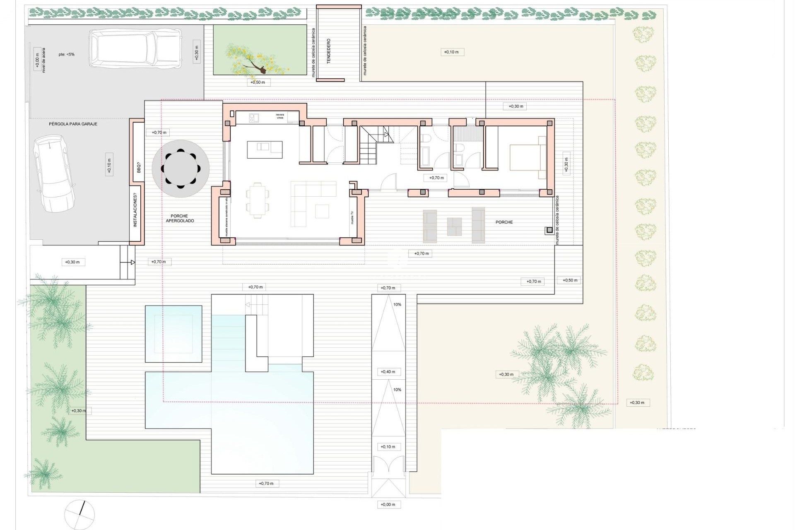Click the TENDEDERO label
point(329,51)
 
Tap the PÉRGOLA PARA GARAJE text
point(73,124)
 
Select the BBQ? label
point(139,168)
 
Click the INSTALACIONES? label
point(135,212)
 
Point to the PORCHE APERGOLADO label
point(180,218)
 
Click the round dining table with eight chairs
point(181,169)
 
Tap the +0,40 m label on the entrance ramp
point(388,372)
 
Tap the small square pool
point(173,334)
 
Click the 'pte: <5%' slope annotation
point(66,54)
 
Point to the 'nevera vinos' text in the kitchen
point(280,116)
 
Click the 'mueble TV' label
point(352,217)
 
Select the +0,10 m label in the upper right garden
point(451,52)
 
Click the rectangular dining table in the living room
point(257,200)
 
